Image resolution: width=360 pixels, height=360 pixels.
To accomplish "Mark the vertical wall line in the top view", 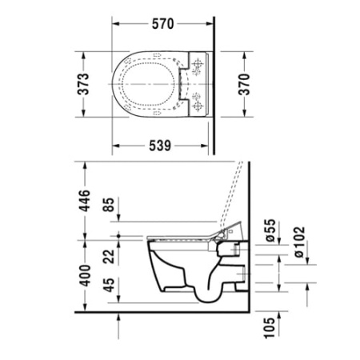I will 211,80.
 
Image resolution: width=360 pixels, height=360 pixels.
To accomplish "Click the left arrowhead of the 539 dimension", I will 117,146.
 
